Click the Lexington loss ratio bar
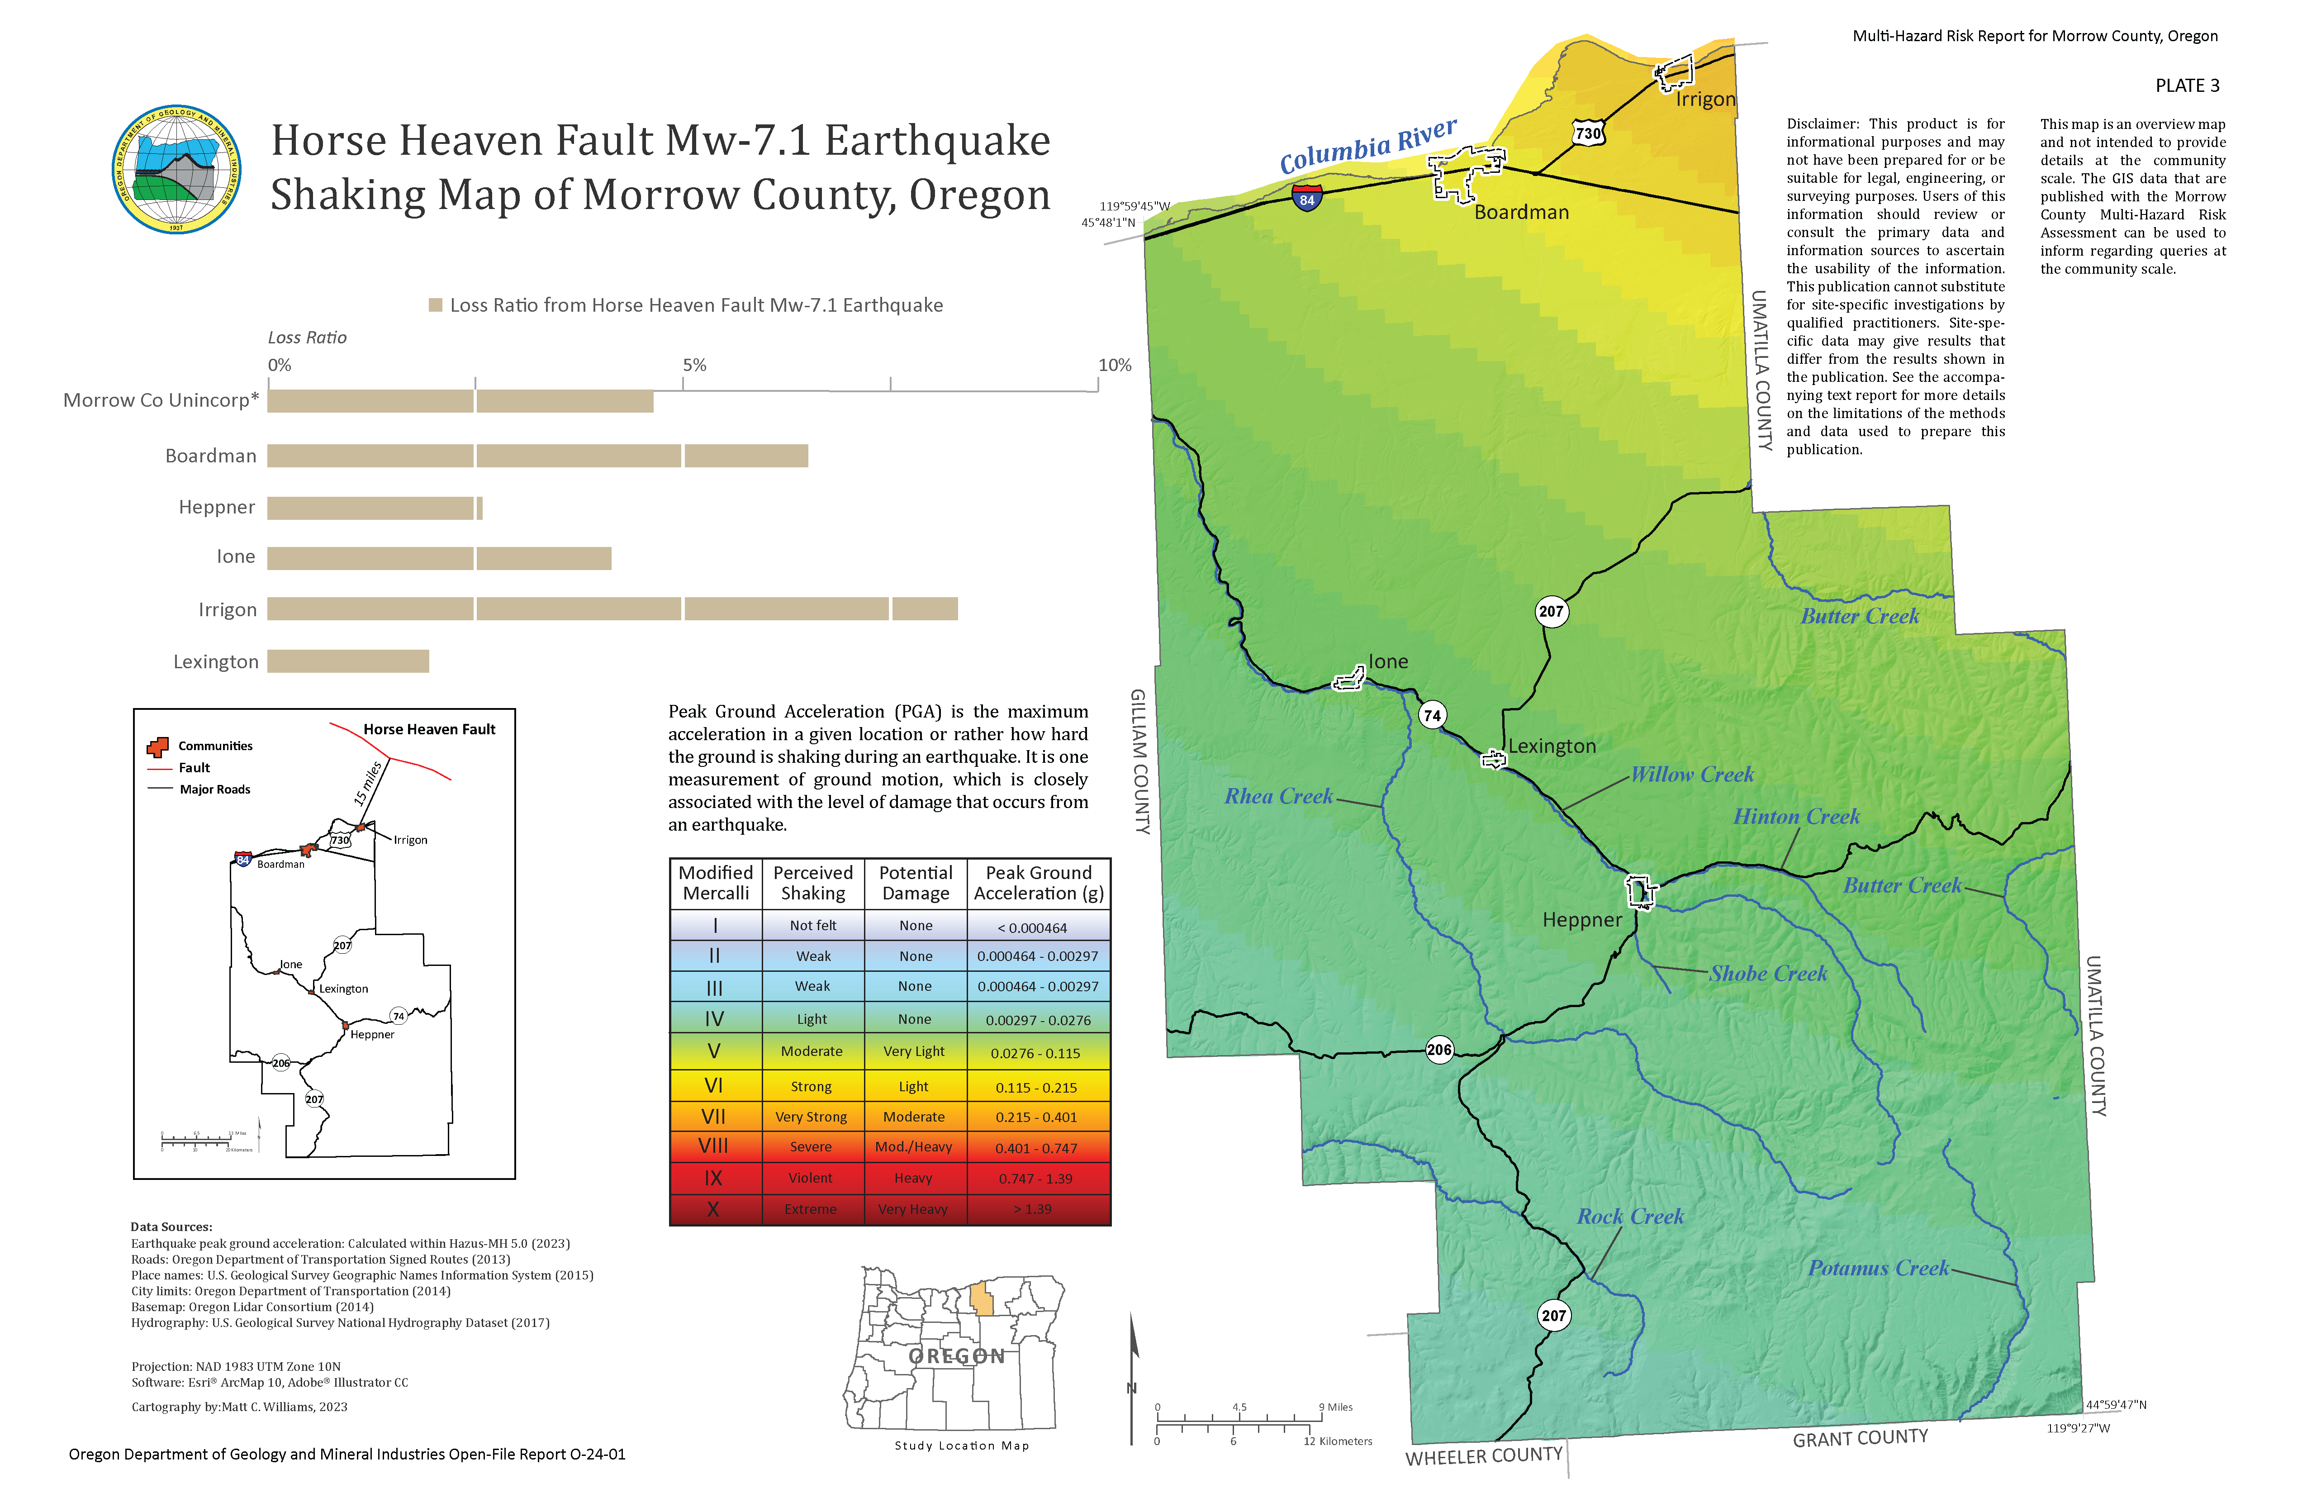point(348,661)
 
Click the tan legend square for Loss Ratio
point(435,305)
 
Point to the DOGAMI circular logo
point(176,170)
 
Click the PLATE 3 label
point(2187,86)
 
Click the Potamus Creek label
point(1878,1268)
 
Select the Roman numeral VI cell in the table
point(714,1086)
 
